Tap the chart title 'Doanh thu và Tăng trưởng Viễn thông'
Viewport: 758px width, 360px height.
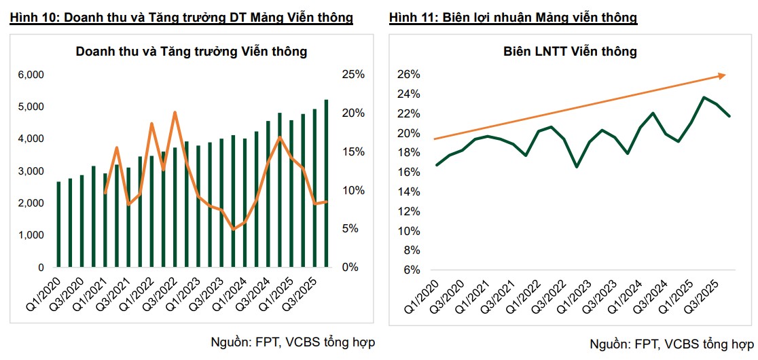192,51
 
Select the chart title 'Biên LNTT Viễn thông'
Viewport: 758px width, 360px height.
570,51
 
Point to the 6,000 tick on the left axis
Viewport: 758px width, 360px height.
31,75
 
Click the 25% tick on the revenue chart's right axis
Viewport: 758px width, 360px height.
353,75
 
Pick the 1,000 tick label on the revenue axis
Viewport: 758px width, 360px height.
31,235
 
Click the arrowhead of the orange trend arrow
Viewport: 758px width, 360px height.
723,75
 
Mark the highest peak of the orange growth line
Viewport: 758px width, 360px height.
175,112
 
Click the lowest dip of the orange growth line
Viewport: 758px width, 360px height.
234,229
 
